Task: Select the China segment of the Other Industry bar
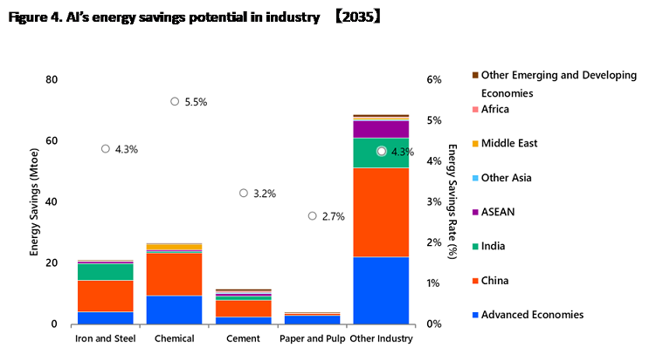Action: (381, 212)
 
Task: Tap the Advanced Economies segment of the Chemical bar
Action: (174, 310)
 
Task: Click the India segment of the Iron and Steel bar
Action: (105, 271)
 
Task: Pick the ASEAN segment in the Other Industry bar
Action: (381, 129)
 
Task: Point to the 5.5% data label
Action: (196, 102)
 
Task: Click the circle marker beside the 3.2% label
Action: (243, 193)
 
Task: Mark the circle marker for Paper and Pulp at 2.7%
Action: (312, 215)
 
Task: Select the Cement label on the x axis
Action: (243, 337)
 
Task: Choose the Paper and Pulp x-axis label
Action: (312, 337)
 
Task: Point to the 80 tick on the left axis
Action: (52, 80)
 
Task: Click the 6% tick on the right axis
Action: (434, 80)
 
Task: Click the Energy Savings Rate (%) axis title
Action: (453, 201)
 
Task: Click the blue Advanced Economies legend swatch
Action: (475, 315)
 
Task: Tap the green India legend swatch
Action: (475, 247)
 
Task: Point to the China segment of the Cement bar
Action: (243, 308)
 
